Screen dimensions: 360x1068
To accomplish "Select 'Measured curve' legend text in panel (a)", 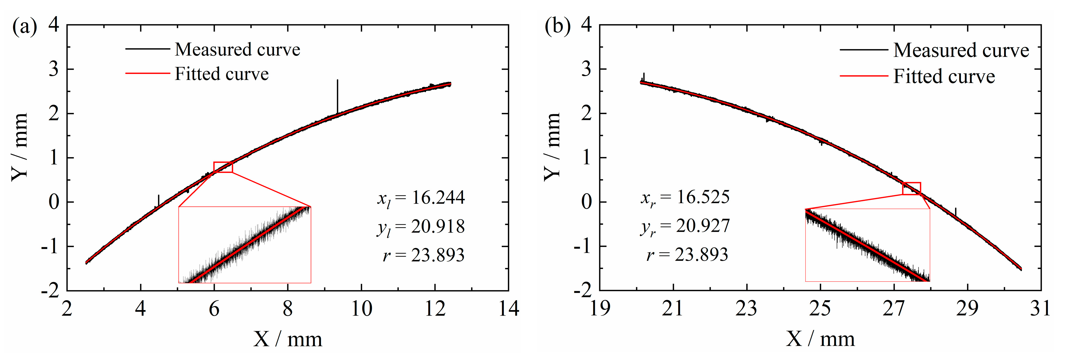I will tap(237, 50).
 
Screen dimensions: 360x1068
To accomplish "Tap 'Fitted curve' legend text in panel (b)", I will tap(944, 76).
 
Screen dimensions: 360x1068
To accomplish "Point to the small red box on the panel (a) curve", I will tap(223, 167).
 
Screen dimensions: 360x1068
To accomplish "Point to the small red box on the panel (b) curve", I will tap(912, 188).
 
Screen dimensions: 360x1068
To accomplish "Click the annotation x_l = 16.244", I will tap(421, 198).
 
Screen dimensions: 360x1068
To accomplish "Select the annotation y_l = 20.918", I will tap(421, 227).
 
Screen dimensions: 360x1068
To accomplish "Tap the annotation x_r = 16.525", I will tap(685, 196).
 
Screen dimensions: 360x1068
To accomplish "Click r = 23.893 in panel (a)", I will tap(423, 255).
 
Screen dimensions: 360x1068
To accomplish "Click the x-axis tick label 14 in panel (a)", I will tap(508, 309).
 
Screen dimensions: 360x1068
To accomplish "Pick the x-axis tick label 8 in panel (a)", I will tap(287, 309).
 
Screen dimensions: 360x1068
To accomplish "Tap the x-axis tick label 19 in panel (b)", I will tap(599, 309).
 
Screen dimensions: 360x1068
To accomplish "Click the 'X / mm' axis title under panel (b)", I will tap(820, 339).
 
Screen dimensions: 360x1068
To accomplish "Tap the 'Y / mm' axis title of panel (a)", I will tap(20, 146).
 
